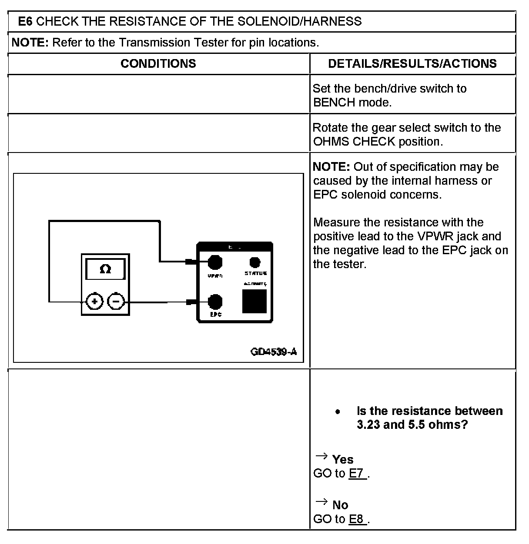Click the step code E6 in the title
(25, 21)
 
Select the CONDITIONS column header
(158, 64)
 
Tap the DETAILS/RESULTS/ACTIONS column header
(412, 64)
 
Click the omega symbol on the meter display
(105, 269)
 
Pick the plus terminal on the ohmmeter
(94, 302)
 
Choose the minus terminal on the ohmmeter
(116, 302)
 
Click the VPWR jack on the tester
(215, 262)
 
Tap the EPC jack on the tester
(215, 302)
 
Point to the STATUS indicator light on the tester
(255, 262)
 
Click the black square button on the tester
(254, 301)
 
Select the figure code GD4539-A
(274, 352)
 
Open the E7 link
(356, 473)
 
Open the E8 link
(356, 519)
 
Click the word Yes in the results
(343, 459)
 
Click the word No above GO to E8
(340, 505)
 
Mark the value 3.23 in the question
(368, 425)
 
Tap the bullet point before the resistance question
(338, 411)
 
